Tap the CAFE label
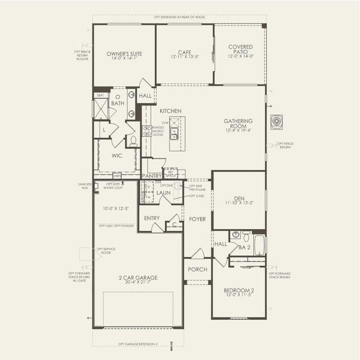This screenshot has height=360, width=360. click(x=184, y=52)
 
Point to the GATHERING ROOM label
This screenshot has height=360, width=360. click(x=238, y=124)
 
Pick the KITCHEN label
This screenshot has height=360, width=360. click(x=170, y=111)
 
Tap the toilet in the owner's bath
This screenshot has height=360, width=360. click(x=133, y=141)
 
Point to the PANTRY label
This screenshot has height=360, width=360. click(x=152, y=176)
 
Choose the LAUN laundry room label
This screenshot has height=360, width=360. click(x=164, y=193)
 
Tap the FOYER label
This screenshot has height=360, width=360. click(x=197, y=220)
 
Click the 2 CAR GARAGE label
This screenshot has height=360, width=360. click(x=137, y=278)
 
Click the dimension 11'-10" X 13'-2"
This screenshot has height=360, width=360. click(x=238, y=203)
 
